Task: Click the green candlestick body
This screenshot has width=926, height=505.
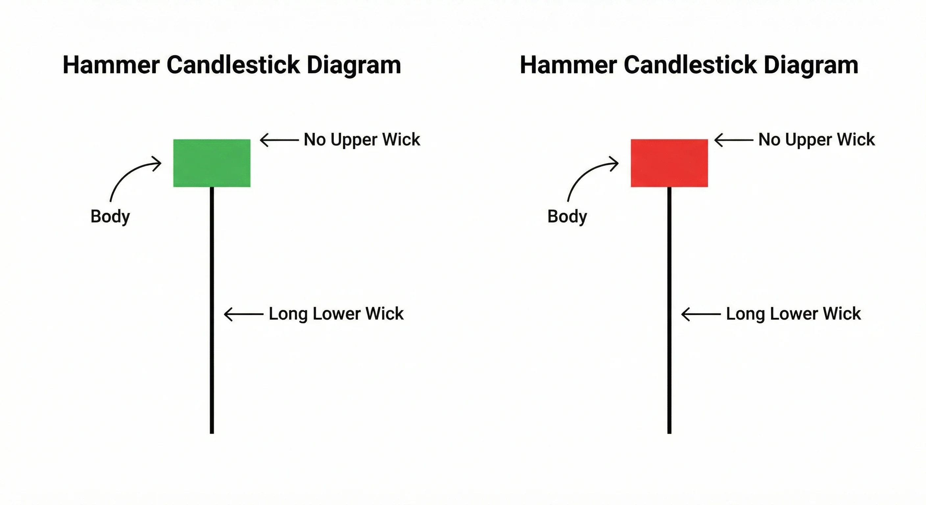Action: click(212, 163)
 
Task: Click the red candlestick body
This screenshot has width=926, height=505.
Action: click(669, 163)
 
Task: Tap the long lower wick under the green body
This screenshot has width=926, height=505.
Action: click(212, 309)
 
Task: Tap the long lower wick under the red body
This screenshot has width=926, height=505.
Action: click(669, 309)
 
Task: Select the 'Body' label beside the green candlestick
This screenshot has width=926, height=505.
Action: click(110, 216)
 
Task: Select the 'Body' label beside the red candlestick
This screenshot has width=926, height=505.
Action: click(567, 216)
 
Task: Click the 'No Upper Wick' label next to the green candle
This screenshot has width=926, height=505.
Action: click(362, 139)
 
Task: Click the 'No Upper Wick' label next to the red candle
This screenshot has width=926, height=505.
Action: click(816, 139)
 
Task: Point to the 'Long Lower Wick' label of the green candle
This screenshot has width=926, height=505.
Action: click(336, 314)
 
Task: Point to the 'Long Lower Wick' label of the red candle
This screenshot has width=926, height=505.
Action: click(793, 314)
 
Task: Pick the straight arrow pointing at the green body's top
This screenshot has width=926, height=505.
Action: click(279, 140)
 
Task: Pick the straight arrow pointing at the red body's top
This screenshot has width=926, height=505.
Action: click(734, 140)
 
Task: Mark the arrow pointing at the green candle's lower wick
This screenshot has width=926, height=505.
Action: click(244, 314)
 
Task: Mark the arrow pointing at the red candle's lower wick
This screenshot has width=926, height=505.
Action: click(701, 314)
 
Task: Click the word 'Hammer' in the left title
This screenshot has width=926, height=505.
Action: click(111, 65)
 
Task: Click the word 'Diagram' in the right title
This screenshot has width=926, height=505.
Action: click(811, 65)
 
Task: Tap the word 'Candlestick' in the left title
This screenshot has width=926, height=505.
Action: click(233, 65)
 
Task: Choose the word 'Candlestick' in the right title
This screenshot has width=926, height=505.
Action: click(690, 65)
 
